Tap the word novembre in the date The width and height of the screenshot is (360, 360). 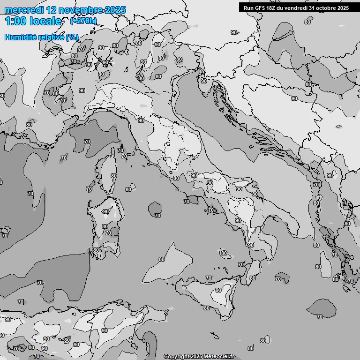tap(79, 10)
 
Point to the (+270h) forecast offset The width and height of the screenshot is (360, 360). tap(83, 21)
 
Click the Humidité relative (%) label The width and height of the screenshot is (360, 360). tap(42, 37)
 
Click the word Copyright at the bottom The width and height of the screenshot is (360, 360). tap(177, 356)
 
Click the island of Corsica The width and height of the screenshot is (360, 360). tap(106, 171)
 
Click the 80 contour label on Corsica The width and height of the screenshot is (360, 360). tap(113, 176)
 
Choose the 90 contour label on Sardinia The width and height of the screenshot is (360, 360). tap(106, 211)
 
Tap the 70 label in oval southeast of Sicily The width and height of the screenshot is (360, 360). tap(319, 317)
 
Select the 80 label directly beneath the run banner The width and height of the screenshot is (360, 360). tap(307, 22)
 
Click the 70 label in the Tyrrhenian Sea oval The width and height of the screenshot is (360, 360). tap(157, 216)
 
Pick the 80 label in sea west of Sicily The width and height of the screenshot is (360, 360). tap(162, 259)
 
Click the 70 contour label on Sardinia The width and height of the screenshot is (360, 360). tap(108, 233)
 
